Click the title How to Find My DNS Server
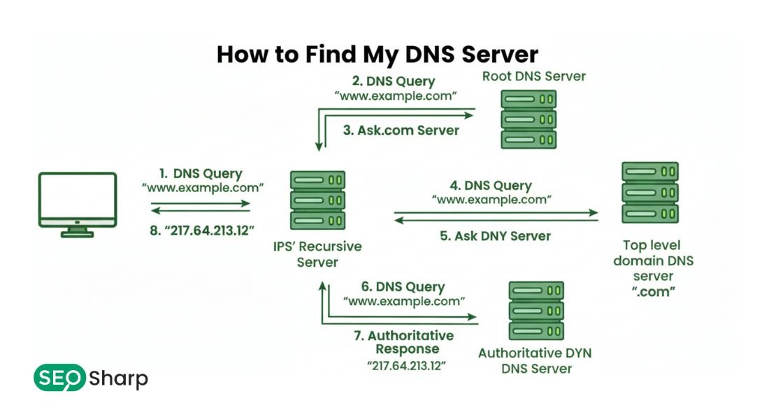click(378, 54)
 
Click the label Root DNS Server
click(533, 75)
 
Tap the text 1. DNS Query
click(201, 174)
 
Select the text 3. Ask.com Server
click(401, 130)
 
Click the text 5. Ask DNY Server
click(495, 236)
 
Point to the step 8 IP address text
click(202, 230)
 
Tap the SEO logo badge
click(59, 378)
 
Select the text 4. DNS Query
click(491, 186)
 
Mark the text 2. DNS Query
click(398, 80)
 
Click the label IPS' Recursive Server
click(317, 255)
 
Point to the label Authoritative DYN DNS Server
click(536, 360)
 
